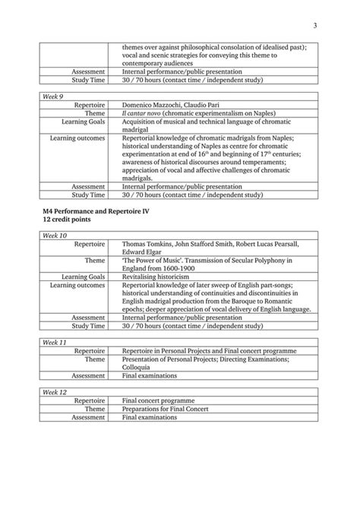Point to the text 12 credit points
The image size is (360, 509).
click(64, 218)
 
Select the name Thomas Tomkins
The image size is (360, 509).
click(149, 244)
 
